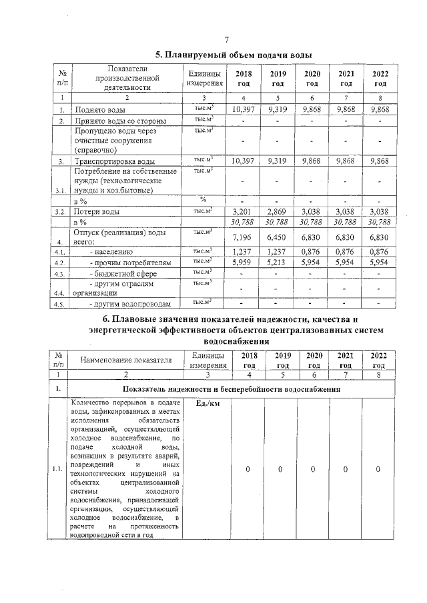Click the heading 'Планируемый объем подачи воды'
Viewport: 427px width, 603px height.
point(234,55)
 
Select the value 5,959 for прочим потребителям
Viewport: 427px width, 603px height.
point(244,263)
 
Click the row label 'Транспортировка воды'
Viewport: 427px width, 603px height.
point(115,161)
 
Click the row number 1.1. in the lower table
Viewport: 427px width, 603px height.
point(58,469)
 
